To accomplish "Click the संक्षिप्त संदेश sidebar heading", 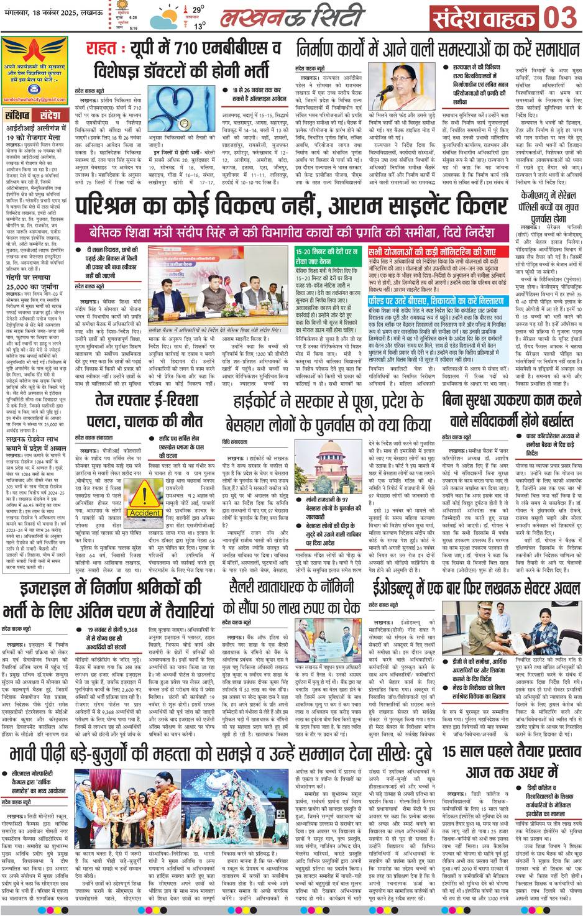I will (x=32, y=116).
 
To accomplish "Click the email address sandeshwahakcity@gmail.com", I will (x=33, y=99).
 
